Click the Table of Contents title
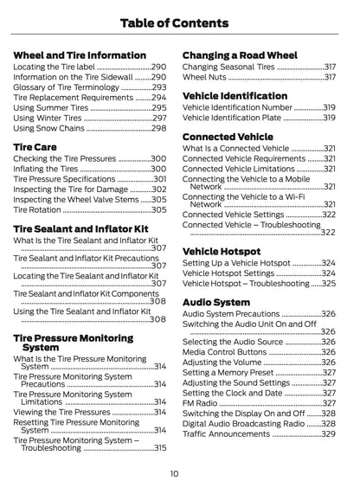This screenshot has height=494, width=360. coord(179,22)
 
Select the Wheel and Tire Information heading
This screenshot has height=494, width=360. coord(80,55)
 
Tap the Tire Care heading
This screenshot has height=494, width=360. coord(35,147)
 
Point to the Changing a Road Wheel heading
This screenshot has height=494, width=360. coord(241,55)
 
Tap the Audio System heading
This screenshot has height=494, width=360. coord(216,302)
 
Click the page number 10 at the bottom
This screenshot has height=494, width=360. coord(174,473)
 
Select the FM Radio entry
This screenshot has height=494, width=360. coord(201,402)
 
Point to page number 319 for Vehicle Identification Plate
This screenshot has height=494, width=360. coord(329,119)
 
